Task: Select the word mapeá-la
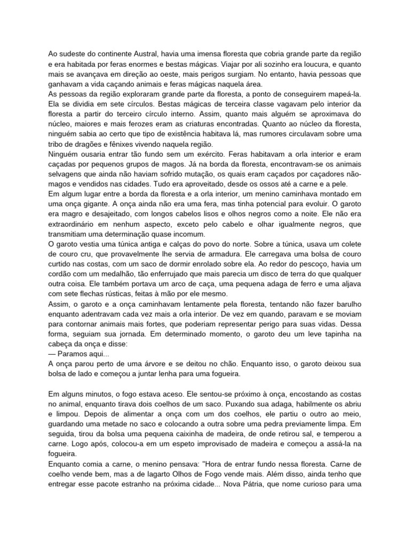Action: (346, 94)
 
